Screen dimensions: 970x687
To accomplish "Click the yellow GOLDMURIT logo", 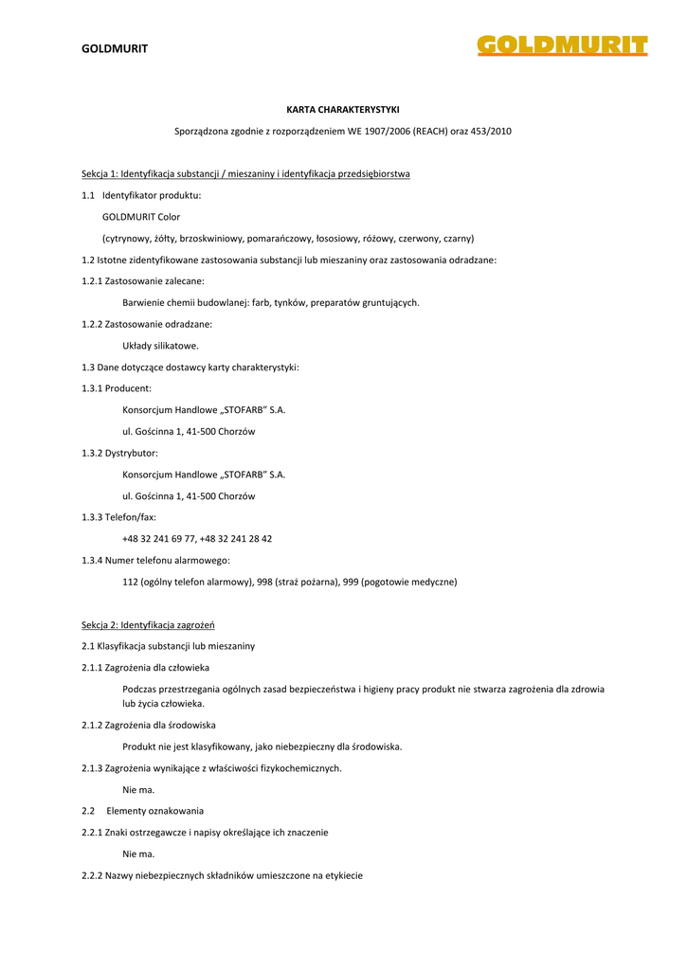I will [x=562, y=46].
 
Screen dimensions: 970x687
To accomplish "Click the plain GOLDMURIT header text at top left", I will [x=115, y=48].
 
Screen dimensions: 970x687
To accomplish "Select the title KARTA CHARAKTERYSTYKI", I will [x=343, y=110].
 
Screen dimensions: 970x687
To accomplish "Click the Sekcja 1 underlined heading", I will [x=245, y=174].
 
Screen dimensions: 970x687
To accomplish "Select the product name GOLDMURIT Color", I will [x=141, y=217].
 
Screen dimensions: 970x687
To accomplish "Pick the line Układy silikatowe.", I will [x=160, y=346].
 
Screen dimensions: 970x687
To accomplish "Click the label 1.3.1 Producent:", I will [x=117, y=388].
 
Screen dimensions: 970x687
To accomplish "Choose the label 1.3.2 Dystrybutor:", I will [x=119, y=453].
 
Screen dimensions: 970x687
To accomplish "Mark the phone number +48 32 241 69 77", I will [x=159, y=538].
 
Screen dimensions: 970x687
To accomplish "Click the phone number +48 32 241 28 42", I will [x=236, y=538].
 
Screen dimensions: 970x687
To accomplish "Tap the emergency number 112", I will [x=131, y=582].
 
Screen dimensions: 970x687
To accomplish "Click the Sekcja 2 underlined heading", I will [x=149, y=624].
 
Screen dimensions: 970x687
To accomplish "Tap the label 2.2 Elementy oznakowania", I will [x=143, y=811].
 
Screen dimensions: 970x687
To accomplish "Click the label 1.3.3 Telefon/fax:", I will [x=118, y=517].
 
